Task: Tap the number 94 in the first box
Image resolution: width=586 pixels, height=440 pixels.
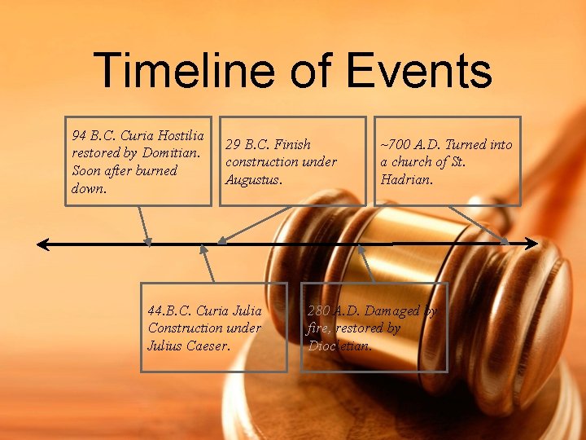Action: pos(80,135)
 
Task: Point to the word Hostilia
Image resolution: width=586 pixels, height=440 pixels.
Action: pos(181,135)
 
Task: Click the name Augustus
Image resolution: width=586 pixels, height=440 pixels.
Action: pos(253,179)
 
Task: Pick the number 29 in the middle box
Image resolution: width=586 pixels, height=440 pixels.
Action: pos(234,144)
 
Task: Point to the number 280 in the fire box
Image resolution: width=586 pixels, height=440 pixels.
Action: pos(318,310)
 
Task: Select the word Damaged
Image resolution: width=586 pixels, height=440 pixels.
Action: pos(392,310)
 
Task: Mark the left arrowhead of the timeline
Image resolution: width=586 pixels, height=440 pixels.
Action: pos(42,243)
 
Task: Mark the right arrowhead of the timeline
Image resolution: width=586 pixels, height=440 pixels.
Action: pos(533,243)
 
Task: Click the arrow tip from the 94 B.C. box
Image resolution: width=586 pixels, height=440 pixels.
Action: pos(148,241)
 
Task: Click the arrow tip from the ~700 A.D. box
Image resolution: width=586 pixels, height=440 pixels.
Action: pos(505,241)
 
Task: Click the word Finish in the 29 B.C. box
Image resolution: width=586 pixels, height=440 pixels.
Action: pos(292,144)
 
